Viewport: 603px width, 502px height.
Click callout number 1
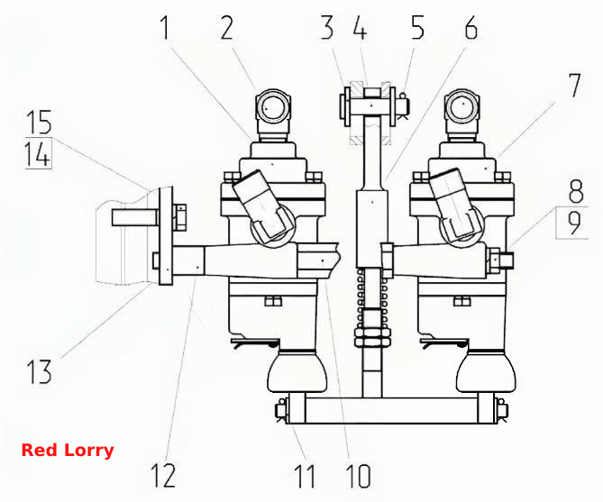[165, 28]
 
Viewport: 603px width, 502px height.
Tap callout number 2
[227, 28]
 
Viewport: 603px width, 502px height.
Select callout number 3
[327, 28]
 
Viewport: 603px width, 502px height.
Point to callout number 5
[417, 28]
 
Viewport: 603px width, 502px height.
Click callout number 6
[471, 28]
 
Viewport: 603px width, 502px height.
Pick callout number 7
[574, 86]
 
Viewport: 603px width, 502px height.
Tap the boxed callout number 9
[574, 224]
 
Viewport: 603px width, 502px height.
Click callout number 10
[358, 476]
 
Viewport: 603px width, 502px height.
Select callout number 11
[305, 476]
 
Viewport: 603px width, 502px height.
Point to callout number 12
[163, 476]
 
